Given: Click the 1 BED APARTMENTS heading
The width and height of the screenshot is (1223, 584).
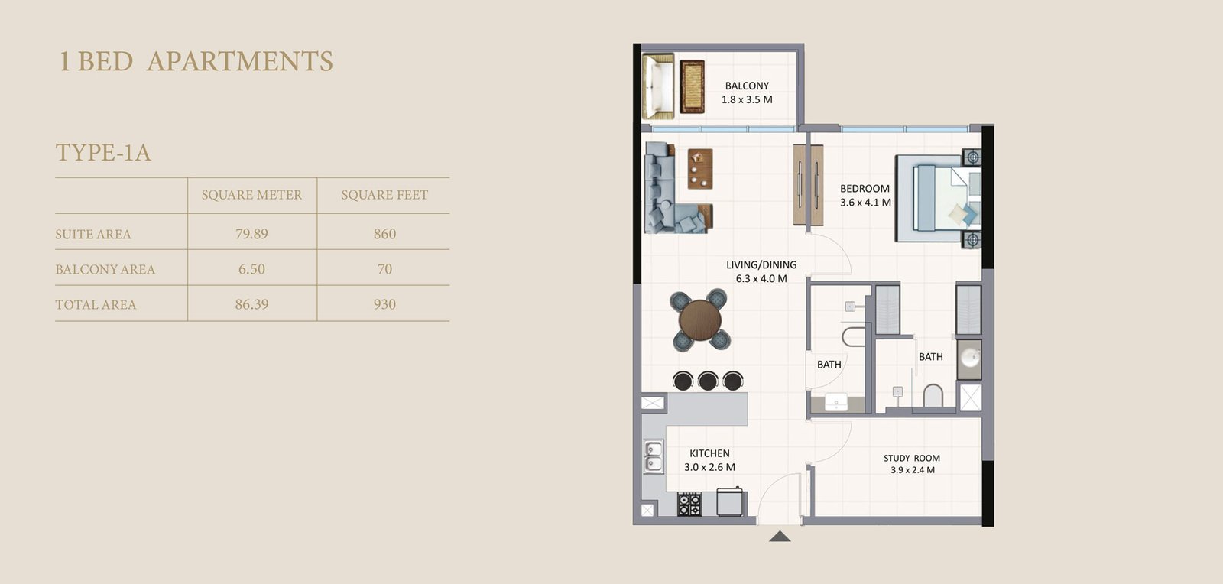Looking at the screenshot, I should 196,61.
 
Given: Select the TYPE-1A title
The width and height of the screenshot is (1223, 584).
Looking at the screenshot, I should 103,153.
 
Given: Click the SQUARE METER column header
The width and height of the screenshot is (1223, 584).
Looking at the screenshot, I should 251,195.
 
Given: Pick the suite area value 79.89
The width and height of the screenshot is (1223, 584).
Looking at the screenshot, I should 251,234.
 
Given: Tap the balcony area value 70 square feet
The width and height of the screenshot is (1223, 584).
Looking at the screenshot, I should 384,269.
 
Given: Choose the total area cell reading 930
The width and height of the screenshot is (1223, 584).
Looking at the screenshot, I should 384,304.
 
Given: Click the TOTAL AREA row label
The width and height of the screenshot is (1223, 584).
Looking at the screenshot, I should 96,304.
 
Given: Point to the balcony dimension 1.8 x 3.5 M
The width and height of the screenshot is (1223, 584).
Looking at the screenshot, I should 747,99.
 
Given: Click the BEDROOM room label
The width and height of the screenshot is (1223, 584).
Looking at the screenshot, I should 865,188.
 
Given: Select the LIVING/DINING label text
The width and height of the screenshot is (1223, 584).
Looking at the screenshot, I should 761,264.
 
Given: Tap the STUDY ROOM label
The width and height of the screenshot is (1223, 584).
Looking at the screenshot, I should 912,458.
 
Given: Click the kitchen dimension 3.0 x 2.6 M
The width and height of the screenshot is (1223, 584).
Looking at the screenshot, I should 709,467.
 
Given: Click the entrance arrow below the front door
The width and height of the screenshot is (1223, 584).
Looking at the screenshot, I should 779,537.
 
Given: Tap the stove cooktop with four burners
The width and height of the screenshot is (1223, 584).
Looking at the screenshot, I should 689,504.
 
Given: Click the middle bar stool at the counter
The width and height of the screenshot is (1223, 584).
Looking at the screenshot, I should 708,380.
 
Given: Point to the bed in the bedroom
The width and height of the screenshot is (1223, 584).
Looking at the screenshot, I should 936,199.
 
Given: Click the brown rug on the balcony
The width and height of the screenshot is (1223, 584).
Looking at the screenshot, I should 693,86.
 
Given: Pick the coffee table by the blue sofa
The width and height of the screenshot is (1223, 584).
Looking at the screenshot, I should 699,168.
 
